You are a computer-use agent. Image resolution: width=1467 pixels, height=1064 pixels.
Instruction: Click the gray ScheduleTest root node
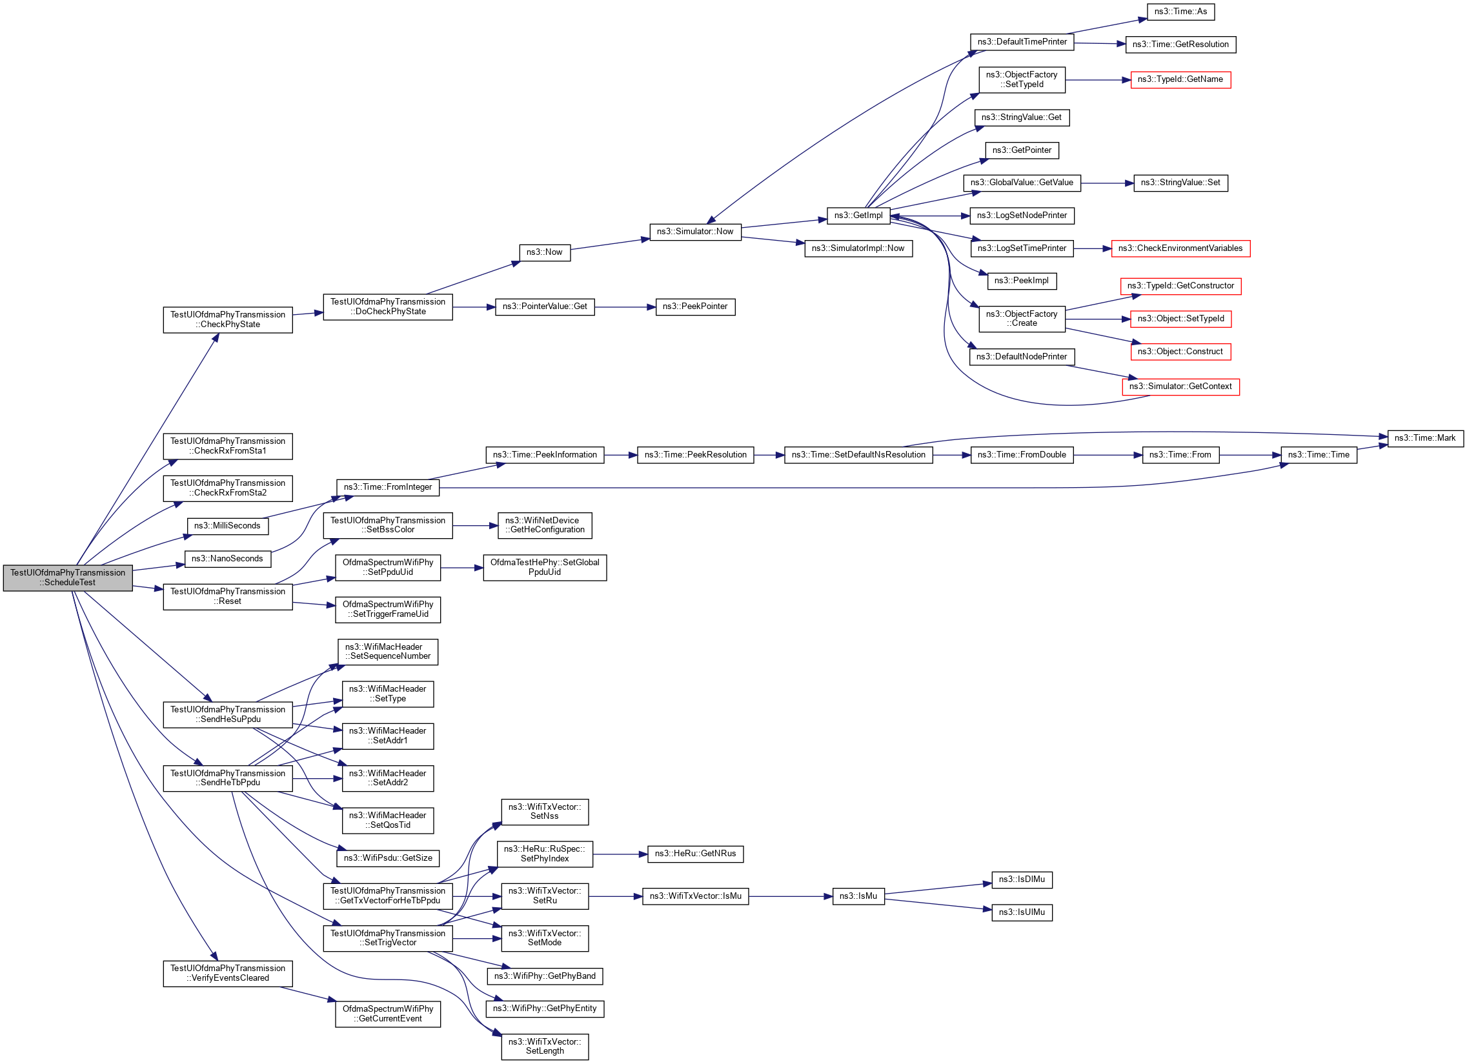point(68,577)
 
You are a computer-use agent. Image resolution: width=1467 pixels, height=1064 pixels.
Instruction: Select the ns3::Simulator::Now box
point(694,232)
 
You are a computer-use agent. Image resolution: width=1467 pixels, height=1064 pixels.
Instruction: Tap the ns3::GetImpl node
point(858,216)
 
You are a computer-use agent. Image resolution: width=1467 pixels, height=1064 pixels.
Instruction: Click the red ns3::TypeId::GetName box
point(1180,79)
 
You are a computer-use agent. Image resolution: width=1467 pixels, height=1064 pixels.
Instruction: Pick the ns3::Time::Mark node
point(1424,438)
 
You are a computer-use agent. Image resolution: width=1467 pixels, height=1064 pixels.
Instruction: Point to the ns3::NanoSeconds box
point(227,559)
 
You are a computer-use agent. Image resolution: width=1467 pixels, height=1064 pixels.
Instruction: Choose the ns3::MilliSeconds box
point(227,526)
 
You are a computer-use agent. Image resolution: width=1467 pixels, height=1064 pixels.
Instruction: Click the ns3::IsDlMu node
point(1021,879)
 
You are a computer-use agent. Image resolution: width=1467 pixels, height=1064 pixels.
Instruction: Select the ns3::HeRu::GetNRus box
point(694,854)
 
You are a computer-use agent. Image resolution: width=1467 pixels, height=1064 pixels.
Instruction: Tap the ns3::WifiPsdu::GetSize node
point(387,858)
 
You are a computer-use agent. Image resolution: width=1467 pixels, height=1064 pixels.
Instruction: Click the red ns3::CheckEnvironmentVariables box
point(1180,248)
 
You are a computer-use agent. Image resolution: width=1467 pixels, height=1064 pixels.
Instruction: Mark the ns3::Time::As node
point(1180,12)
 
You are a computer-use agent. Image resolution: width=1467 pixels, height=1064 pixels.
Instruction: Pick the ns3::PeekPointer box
point(694,306)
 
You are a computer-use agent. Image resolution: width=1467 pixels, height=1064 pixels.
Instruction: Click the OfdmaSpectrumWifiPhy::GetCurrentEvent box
point(387,1014)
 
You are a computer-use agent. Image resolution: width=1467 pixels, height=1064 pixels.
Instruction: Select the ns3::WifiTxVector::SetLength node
point(544,1046)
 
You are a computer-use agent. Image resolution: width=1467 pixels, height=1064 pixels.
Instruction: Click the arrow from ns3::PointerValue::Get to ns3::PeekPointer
point(624,307)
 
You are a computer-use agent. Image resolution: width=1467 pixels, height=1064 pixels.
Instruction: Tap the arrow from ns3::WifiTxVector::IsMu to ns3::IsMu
point(790,896)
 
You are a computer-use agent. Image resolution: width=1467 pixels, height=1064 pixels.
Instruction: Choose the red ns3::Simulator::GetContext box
point(1180,386)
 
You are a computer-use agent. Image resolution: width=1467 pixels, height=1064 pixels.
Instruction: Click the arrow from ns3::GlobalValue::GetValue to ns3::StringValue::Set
point(1106,184)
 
